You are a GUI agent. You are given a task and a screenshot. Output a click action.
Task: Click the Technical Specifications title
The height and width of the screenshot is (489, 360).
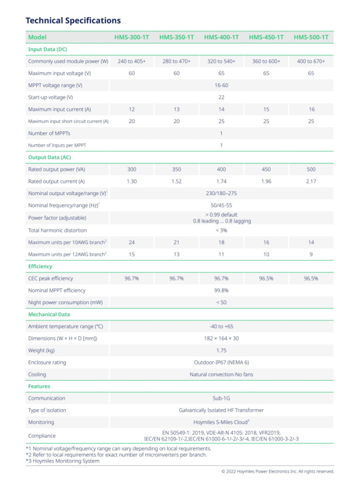coord(73,21)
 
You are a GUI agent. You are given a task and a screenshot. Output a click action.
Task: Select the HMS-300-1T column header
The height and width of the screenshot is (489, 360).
coord(131,37)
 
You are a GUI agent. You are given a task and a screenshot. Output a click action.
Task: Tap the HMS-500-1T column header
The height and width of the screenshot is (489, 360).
coord(311,37)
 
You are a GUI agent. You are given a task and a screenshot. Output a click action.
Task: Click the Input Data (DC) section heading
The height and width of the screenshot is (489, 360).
coord(48,49)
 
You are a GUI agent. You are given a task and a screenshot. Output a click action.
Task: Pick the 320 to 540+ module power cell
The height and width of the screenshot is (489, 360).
coord(221,61)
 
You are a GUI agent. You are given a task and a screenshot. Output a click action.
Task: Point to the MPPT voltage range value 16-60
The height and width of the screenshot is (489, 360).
coord(221,85)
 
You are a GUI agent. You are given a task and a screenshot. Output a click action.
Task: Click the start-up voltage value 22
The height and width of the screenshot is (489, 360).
coord(221,97)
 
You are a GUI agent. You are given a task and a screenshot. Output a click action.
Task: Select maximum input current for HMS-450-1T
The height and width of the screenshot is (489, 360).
coord(266,109)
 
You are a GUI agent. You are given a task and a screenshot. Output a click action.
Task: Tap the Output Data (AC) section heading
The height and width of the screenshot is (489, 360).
coord(50,157)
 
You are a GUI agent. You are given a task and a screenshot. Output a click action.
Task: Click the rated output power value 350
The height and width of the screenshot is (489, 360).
coord(176,169)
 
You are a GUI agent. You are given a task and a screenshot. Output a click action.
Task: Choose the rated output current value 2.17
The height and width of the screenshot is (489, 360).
coord(311,181)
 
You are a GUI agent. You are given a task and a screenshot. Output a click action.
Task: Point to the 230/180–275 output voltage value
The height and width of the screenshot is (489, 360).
coord(221,194)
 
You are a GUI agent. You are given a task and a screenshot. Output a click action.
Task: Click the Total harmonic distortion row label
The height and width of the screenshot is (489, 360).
coord(57,230)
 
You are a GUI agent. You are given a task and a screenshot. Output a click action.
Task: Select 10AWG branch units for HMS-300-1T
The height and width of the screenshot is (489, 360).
coord(131,242)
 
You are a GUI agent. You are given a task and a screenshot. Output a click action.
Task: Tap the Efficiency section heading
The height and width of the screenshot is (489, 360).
coord(40,266)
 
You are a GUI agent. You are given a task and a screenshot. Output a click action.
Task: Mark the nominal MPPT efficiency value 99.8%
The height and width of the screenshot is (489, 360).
coord(221,290)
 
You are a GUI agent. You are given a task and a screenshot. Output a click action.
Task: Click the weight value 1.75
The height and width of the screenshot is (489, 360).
coord(221,350)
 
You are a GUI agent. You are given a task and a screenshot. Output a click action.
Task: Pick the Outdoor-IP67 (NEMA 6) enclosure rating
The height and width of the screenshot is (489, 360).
coord(221,362)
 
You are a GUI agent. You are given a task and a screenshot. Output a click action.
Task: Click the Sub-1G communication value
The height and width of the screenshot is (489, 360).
coord(221,398)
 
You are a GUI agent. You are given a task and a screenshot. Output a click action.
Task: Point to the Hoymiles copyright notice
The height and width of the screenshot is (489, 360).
coord(278,471)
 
